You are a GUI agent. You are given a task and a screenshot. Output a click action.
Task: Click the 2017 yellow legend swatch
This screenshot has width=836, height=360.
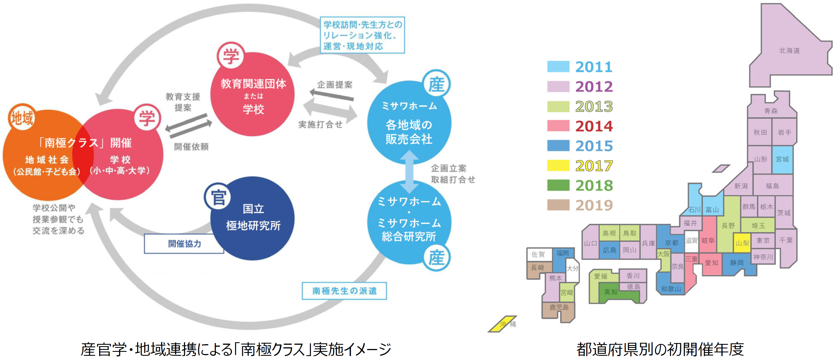pyautogui.click(x=558, y=165)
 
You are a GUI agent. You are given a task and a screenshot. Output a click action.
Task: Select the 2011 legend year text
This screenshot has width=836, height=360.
pyautogui.click(x=594, y=67)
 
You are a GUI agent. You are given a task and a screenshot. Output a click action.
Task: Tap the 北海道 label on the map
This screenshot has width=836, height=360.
pyautogui.click(x=789, y=51)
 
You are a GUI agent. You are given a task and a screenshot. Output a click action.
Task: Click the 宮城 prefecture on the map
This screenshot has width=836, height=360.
pyautogui.click(x=782, y=159)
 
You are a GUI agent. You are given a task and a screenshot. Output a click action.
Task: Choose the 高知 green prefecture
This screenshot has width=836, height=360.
pyautogui.click(x=611, y=292)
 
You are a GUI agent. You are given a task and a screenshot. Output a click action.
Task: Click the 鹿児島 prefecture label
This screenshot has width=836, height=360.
pyautogui.click(x=559, y=307)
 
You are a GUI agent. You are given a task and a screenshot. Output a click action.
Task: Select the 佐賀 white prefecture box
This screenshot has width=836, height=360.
pyautogui.click(x=538, y=254)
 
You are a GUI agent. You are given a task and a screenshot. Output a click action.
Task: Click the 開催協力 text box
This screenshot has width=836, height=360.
pyautogui.click(x=184, y=244)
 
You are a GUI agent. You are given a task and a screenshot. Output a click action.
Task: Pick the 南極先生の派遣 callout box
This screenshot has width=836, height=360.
pyautogui.click(x=344, y=291)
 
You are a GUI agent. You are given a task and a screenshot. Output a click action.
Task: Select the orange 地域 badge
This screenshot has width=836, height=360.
pyautogui.click(x=22, y=117)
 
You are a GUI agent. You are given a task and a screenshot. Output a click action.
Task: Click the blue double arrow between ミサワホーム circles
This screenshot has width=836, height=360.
pyautogui.click(x=409, y=172)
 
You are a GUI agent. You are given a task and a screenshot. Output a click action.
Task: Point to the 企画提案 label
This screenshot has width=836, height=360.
pyautogui.click(x=334, y=85)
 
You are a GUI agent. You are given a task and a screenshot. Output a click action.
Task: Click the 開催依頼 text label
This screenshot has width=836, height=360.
pyautogui.click(x=191, y=147)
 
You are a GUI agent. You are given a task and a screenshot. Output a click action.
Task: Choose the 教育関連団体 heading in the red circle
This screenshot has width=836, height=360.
pyautogui.click(x=253, y=84)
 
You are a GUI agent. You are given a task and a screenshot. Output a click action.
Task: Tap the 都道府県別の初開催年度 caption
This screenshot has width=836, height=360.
pyautogui.click(x=660, y=349)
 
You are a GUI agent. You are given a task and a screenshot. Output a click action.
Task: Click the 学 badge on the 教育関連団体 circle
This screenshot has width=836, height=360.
pyautogui.click(x=230, y=56)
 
